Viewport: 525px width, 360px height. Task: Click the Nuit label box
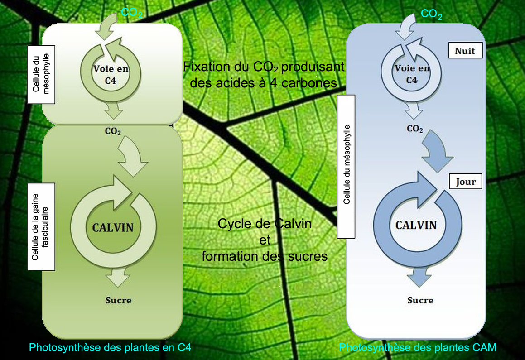point(465,50)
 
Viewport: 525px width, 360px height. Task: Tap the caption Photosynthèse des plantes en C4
point(110,347)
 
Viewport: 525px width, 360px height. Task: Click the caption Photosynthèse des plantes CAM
point(418,347)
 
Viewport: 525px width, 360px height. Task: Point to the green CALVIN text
point(113,227)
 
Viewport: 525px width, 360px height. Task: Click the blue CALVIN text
point(416,225)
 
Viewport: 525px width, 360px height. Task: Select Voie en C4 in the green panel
point(111,73)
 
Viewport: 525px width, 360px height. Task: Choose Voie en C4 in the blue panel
point(412,74)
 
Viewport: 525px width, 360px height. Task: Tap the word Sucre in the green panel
point(118,300)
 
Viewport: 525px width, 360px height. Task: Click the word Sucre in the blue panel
point(420,300)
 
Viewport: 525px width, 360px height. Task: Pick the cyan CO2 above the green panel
point(132,13)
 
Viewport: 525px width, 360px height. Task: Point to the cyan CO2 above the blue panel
point(431,14)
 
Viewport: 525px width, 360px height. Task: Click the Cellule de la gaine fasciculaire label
point(41,226)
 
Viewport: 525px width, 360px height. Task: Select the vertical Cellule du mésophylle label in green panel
point(41,74)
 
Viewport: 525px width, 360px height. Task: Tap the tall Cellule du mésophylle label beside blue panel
point(347,166)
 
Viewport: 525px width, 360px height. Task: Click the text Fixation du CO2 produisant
point(264,67)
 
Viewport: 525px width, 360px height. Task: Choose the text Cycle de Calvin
point(265,224)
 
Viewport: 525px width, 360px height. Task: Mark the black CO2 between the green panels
point(113,131)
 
